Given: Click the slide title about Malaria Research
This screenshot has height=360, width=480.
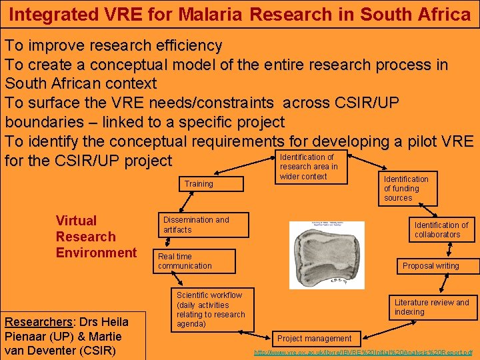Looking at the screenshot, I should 240,13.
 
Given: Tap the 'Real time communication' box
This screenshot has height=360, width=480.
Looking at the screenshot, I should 194,261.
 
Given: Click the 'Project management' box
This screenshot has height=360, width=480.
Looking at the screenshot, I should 314,339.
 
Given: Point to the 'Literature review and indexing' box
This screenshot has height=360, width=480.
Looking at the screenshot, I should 432,307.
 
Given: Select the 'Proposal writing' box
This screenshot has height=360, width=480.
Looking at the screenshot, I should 431,265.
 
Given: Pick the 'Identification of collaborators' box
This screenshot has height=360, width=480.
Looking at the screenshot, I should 441,230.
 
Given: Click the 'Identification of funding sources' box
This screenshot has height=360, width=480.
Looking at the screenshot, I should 406,188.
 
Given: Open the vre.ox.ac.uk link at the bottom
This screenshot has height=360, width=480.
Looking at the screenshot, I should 363,352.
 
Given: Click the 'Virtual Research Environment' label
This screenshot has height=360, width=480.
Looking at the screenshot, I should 96,237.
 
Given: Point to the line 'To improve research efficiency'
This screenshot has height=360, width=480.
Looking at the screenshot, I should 114,46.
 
